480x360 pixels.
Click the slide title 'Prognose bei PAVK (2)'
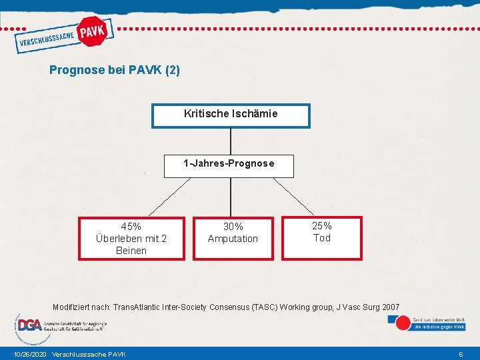pyautogui.click(x=114, y=69)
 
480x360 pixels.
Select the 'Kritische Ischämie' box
pyautogui.click(x=231, y=115)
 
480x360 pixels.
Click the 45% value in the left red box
pyautogui.click(x=131, y=227)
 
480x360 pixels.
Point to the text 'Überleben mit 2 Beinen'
pyautogui.click(x=131, y=245)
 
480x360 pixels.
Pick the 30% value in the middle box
pyautogui.click(x=233, y=227)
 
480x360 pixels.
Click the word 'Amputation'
pyautogui.click(x=233, y=239)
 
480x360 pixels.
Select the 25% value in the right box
pyautogui.click(x=322, y=226)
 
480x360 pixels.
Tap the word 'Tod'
pyautogui.click(x=322, y=238)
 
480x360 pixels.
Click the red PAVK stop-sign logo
pyautogui.click(x=93, y=31)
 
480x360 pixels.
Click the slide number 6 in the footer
pyautogui.click(x=461, y=354)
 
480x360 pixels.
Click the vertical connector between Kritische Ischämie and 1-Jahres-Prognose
pyautogui.click(x=231, y=141)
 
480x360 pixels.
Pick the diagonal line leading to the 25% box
pyautogui.click(x=293, y=196)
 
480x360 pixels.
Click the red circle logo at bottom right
pyautogui.click(x=403, y=323)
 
